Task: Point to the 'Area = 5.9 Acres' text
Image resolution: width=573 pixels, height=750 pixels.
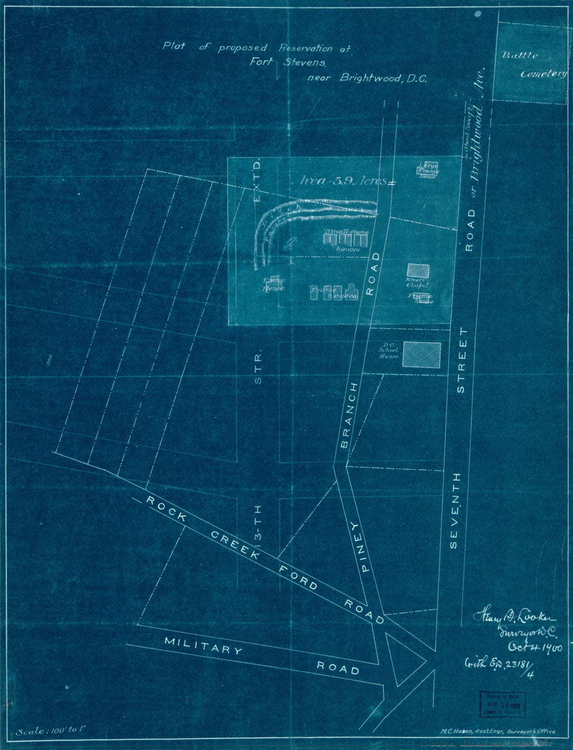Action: click(345, 181)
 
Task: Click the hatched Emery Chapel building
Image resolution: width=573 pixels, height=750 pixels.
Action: click(418, 271)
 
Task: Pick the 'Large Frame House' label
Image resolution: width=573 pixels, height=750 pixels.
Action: click(428, 170)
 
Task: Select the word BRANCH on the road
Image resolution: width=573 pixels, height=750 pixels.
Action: click(349, 415)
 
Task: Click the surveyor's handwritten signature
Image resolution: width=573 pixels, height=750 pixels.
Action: click(513, 619)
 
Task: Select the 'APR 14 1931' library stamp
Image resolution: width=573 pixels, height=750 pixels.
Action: click(502, 704)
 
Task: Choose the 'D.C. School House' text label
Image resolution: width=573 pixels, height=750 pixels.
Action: click(389, 351)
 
